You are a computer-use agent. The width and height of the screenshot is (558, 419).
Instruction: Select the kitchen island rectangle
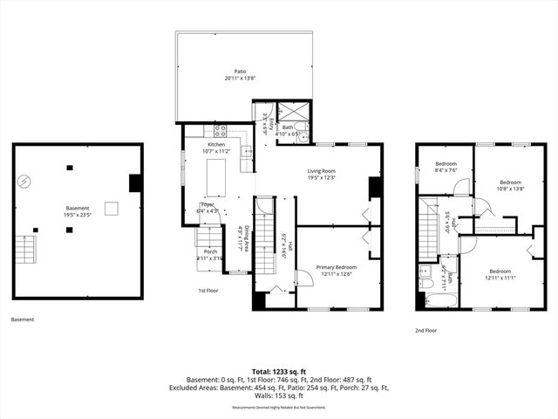pos(214,179)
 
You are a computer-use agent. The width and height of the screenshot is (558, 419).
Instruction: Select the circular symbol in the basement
pos(25,182)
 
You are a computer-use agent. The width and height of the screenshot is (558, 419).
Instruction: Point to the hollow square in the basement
pos(111,207)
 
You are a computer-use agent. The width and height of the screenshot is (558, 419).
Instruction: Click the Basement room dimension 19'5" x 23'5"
pos(78,211)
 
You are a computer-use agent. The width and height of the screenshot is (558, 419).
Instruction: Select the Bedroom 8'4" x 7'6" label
pos(446,167)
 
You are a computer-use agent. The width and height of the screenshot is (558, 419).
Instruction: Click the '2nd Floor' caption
pos(425,331)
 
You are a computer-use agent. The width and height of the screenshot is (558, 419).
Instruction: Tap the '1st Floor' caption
pos(208,289)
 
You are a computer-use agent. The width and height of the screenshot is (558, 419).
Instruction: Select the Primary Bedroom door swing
pos(303,278)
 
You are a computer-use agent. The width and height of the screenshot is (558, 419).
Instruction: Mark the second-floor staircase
pos(427,227)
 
